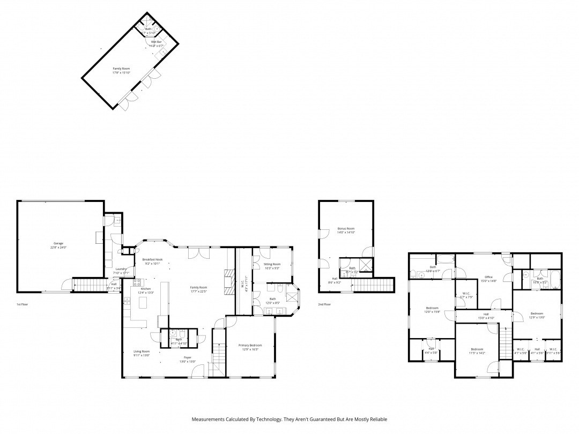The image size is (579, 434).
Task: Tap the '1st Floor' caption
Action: tap(23, 304)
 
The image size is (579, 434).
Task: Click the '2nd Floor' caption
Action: tap(324, 304)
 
